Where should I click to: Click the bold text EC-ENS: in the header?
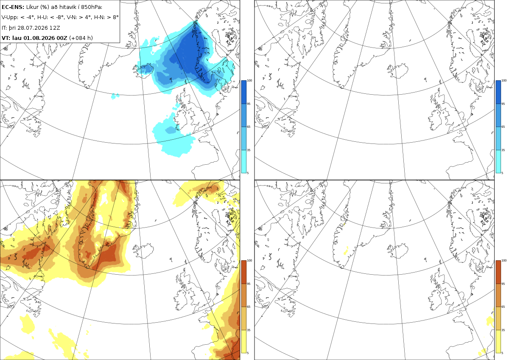tap(13, 7)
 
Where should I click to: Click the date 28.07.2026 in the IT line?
tap(33, 28)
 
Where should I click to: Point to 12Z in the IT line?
tap(55, 28)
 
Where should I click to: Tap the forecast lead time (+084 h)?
tap(81, 38)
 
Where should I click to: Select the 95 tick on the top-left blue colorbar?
tap(249, 104)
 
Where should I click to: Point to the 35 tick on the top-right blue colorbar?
tap(503, 150)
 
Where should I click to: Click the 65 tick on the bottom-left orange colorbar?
tap(249, 307)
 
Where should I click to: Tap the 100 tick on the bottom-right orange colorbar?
tap(504, 261)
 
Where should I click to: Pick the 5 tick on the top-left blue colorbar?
tap(248, 173)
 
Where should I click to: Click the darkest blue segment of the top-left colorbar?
tap(243, 92)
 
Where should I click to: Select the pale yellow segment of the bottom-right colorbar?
tap(498, 341)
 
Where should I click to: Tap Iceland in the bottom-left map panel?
tap(143, 250)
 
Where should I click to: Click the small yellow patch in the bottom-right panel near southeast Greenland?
tap(346, 251)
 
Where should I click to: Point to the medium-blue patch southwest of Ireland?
tap(171, 130)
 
